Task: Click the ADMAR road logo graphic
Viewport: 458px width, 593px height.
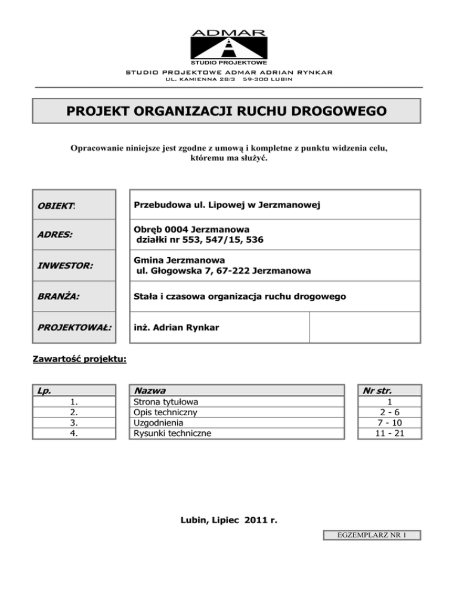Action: (x=229, y=46)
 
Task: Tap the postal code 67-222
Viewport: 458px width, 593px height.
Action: (x=236, y=270)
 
